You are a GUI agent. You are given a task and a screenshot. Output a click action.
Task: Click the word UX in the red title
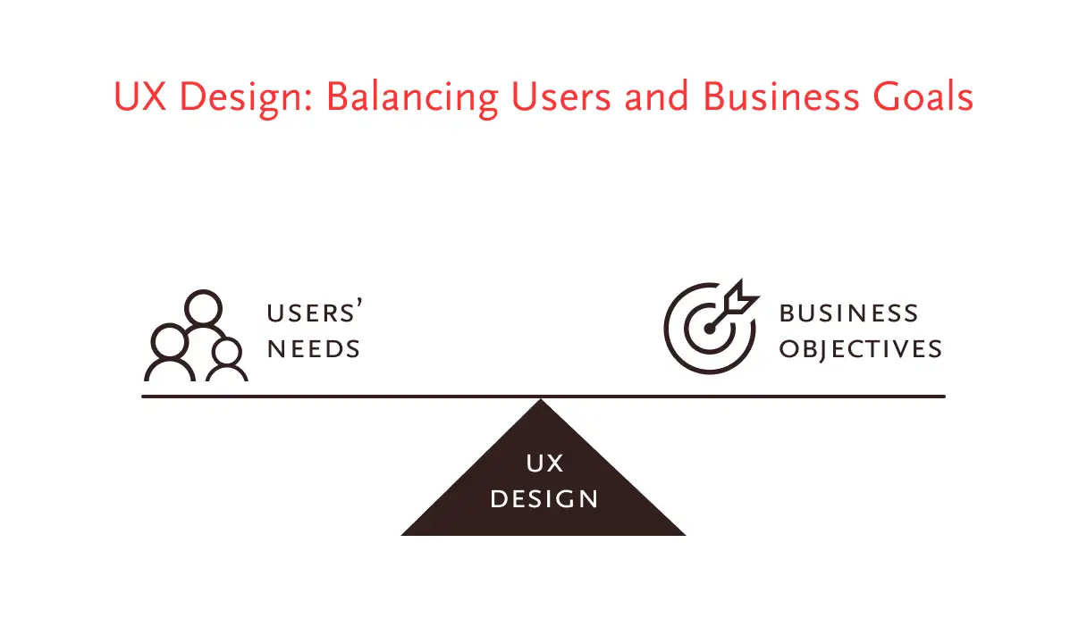pyautogui.click(x=139, y=96)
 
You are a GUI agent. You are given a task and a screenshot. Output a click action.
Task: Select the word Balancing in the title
pyautogui.click(x=412, y=99)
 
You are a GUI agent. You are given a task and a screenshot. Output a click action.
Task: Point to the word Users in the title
pyautogui.click(x=561, y=96)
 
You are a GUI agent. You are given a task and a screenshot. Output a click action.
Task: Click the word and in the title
pyautogui.click(x=656, y=96)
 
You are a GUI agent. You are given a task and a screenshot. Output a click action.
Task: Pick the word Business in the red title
pyautogui.click(x=780, y=96)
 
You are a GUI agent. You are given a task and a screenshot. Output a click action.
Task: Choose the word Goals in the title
pyautogui.click(x=923, y=96)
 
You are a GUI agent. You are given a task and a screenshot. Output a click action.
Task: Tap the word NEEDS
pyautogui.click(x=314, y=349)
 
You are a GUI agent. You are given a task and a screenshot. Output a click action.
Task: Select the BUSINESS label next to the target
pyautogui.click(x=848, y=313)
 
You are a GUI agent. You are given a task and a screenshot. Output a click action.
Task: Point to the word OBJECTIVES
pyautogui.click(x=860, y=350)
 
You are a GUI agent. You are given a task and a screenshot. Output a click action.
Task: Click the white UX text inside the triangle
pyautogui.click(x=544, y=463)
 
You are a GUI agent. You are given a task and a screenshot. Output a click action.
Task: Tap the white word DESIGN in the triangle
pyautogui.click(x=544, y=499)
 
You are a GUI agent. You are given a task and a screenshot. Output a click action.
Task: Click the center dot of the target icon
pyautogui.click(x=710, y=329)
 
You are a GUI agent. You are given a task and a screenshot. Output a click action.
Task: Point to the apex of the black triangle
pyautogui.click(x=541, y=399)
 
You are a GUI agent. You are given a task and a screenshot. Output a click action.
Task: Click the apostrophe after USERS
pyautogui.click(x=358, y=304)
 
